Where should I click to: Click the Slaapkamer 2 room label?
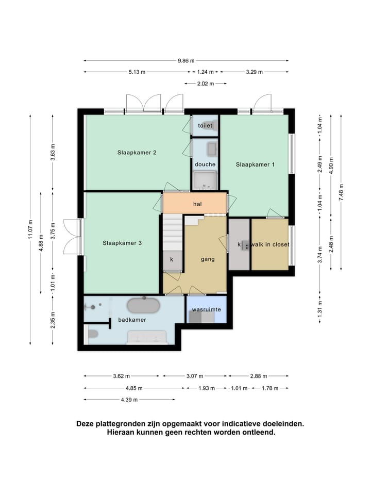(x=137, y=153)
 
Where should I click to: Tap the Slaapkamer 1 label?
(x=255, y=164)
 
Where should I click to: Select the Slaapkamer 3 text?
(x=122, y=243)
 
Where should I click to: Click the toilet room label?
(x=205, y=126)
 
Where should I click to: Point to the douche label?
(x=205, y=164)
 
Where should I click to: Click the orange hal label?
(x=197, y=204)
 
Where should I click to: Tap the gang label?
(x=208, y=259)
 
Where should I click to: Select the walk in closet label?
(x=270, y=244)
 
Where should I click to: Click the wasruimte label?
(x=207, y=309)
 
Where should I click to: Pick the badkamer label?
(x=132, y=320)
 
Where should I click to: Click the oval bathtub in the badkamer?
(x=144, y=305)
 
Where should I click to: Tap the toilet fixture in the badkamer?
(x=93, y=334)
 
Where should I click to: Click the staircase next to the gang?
(x=173, y=233)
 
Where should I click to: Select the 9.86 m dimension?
(x=186, y=61)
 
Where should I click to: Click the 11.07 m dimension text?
(x=30, y=229)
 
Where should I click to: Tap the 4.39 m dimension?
(x=129, y=400)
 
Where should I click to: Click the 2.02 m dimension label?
(x=206, y=84)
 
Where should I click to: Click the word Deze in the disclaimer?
(x=85, y=424)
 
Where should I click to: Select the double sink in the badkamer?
(x=147, y=337)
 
